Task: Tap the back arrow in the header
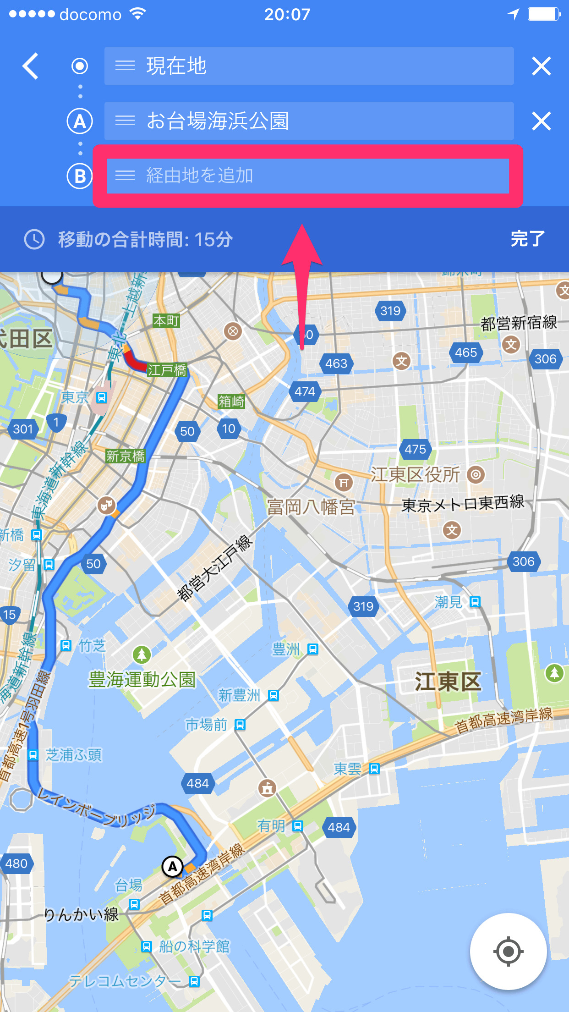[31, 66]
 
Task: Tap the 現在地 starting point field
[309, 66]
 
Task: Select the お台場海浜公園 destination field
[309, 121]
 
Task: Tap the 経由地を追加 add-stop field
[308, 176]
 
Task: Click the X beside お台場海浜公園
[541, 121]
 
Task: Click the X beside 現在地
[541, 66]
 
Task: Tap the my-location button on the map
[508, 951]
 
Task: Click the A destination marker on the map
[173, 867]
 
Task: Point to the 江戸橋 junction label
[167, 370]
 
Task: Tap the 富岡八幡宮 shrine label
[311, 507]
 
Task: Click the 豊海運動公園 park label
[142, 679]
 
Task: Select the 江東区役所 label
[415, 475]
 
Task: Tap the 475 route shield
[415, 449]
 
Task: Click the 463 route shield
[336, 363]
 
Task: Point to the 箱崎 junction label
[231, 401]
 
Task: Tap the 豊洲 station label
[286, 649]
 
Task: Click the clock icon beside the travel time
[34, 239]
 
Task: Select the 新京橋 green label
[125, 456]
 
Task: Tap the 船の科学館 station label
[194, 946]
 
